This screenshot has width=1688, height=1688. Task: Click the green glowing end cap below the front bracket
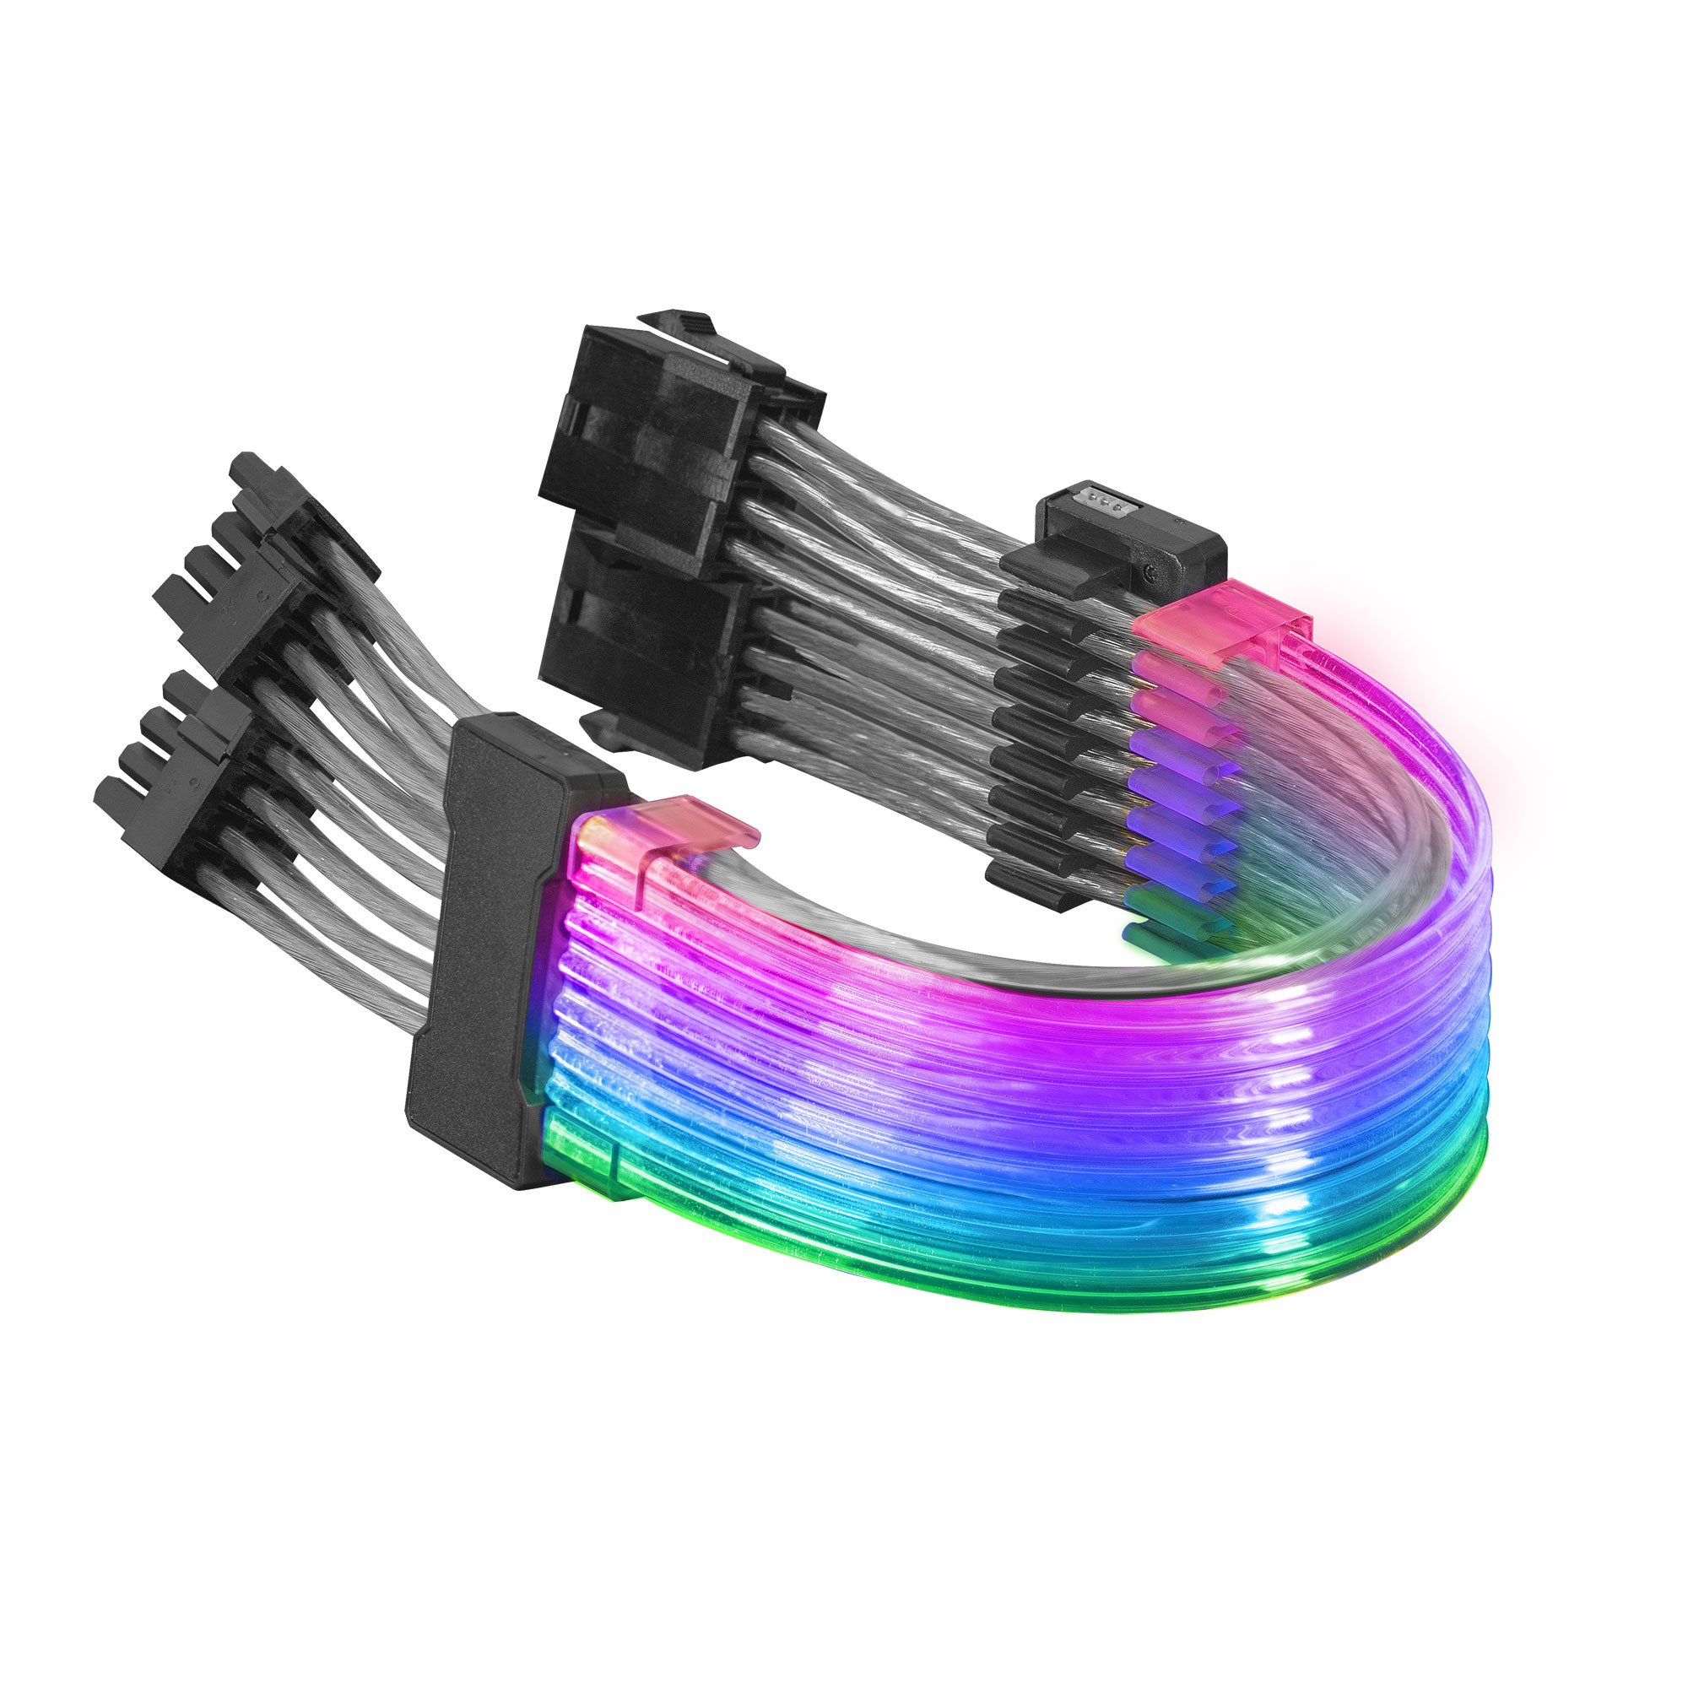(x=576, y=1153)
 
